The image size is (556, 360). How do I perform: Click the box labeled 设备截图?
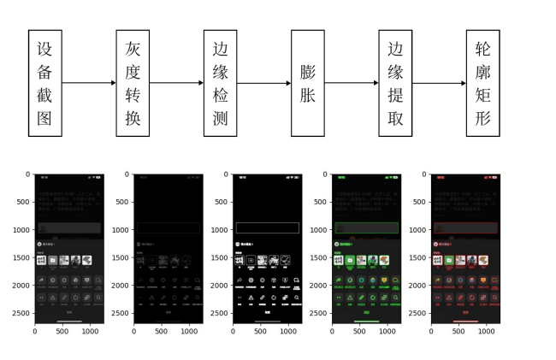click(x=44, y=83)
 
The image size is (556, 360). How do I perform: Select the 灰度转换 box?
click(x=133, y=83)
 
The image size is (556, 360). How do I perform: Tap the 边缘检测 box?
click(x=221, y=83)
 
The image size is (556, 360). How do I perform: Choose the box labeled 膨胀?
click(x=308, y=83)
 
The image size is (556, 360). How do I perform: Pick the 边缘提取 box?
click(x=396, y=83)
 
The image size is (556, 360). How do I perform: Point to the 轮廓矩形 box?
click(x=483, y=83)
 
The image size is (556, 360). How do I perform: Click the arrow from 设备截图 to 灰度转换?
click(x=89, y=83)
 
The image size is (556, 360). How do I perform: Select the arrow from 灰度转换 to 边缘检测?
click(x=176, y=83)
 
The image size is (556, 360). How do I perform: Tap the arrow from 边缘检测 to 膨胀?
click(x=264, y=83)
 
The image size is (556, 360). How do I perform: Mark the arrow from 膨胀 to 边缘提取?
click(x=352, y=83)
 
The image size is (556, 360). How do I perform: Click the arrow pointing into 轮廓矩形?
click(x=440, y=83)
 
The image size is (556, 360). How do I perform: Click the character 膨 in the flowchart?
click(x=308, y=72)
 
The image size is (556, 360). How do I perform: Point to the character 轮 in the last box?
click(x=483, y=49)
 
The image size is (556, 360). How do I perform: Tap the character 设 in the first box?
click(x=44, y=49)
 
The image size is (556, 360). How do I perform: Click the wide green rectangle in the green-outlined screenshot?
click(x=367, y=228)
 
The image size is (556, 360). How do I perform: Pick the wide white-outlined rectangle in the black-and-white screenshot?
click(x=268, y=228)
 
